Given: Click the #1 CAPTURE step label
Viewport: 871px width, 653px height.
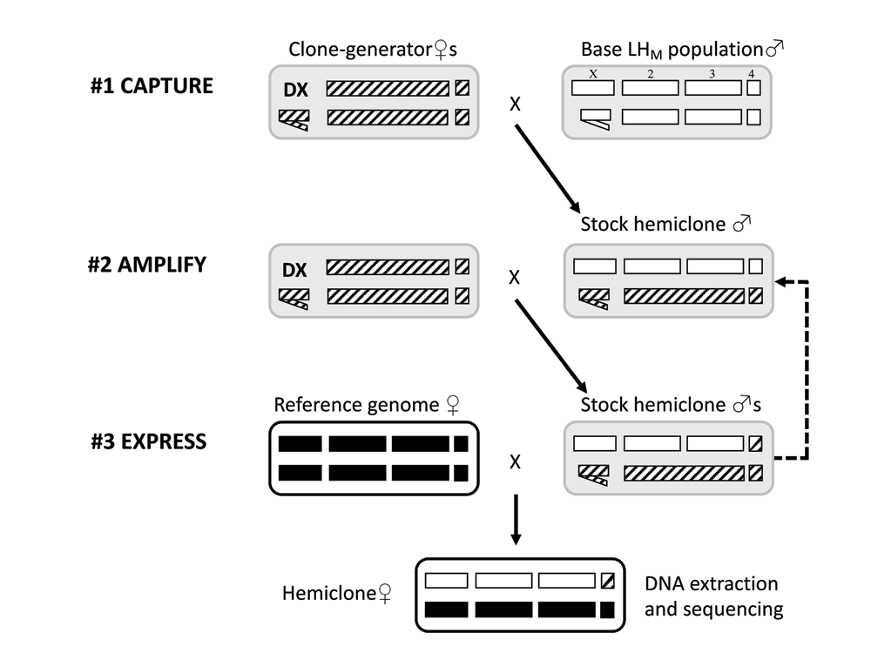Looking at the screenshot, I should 152,87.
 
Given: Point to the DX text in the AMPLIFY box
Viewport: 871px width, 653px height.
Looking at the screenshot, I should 294,271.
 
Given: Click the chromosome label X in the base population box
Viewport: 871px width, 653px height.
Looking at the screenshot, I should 592,74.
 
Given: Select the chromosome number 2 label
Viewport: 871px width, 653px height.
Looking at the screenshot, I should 650,74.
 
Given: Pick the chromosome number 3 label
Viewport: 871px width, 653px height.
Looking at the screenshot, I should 712,74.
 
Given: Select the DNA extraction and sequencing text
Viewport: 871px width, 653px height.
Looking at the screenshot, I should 712,596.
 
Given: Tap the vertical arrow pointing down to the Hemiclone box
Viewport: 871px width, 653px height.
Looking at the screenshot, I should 515,521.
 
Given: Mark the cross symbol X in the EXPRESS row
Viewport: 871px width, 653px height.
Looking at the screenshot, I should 515,461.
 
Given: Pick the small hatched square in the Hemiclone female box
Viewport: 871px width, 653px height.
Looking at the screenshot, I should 608,581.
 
